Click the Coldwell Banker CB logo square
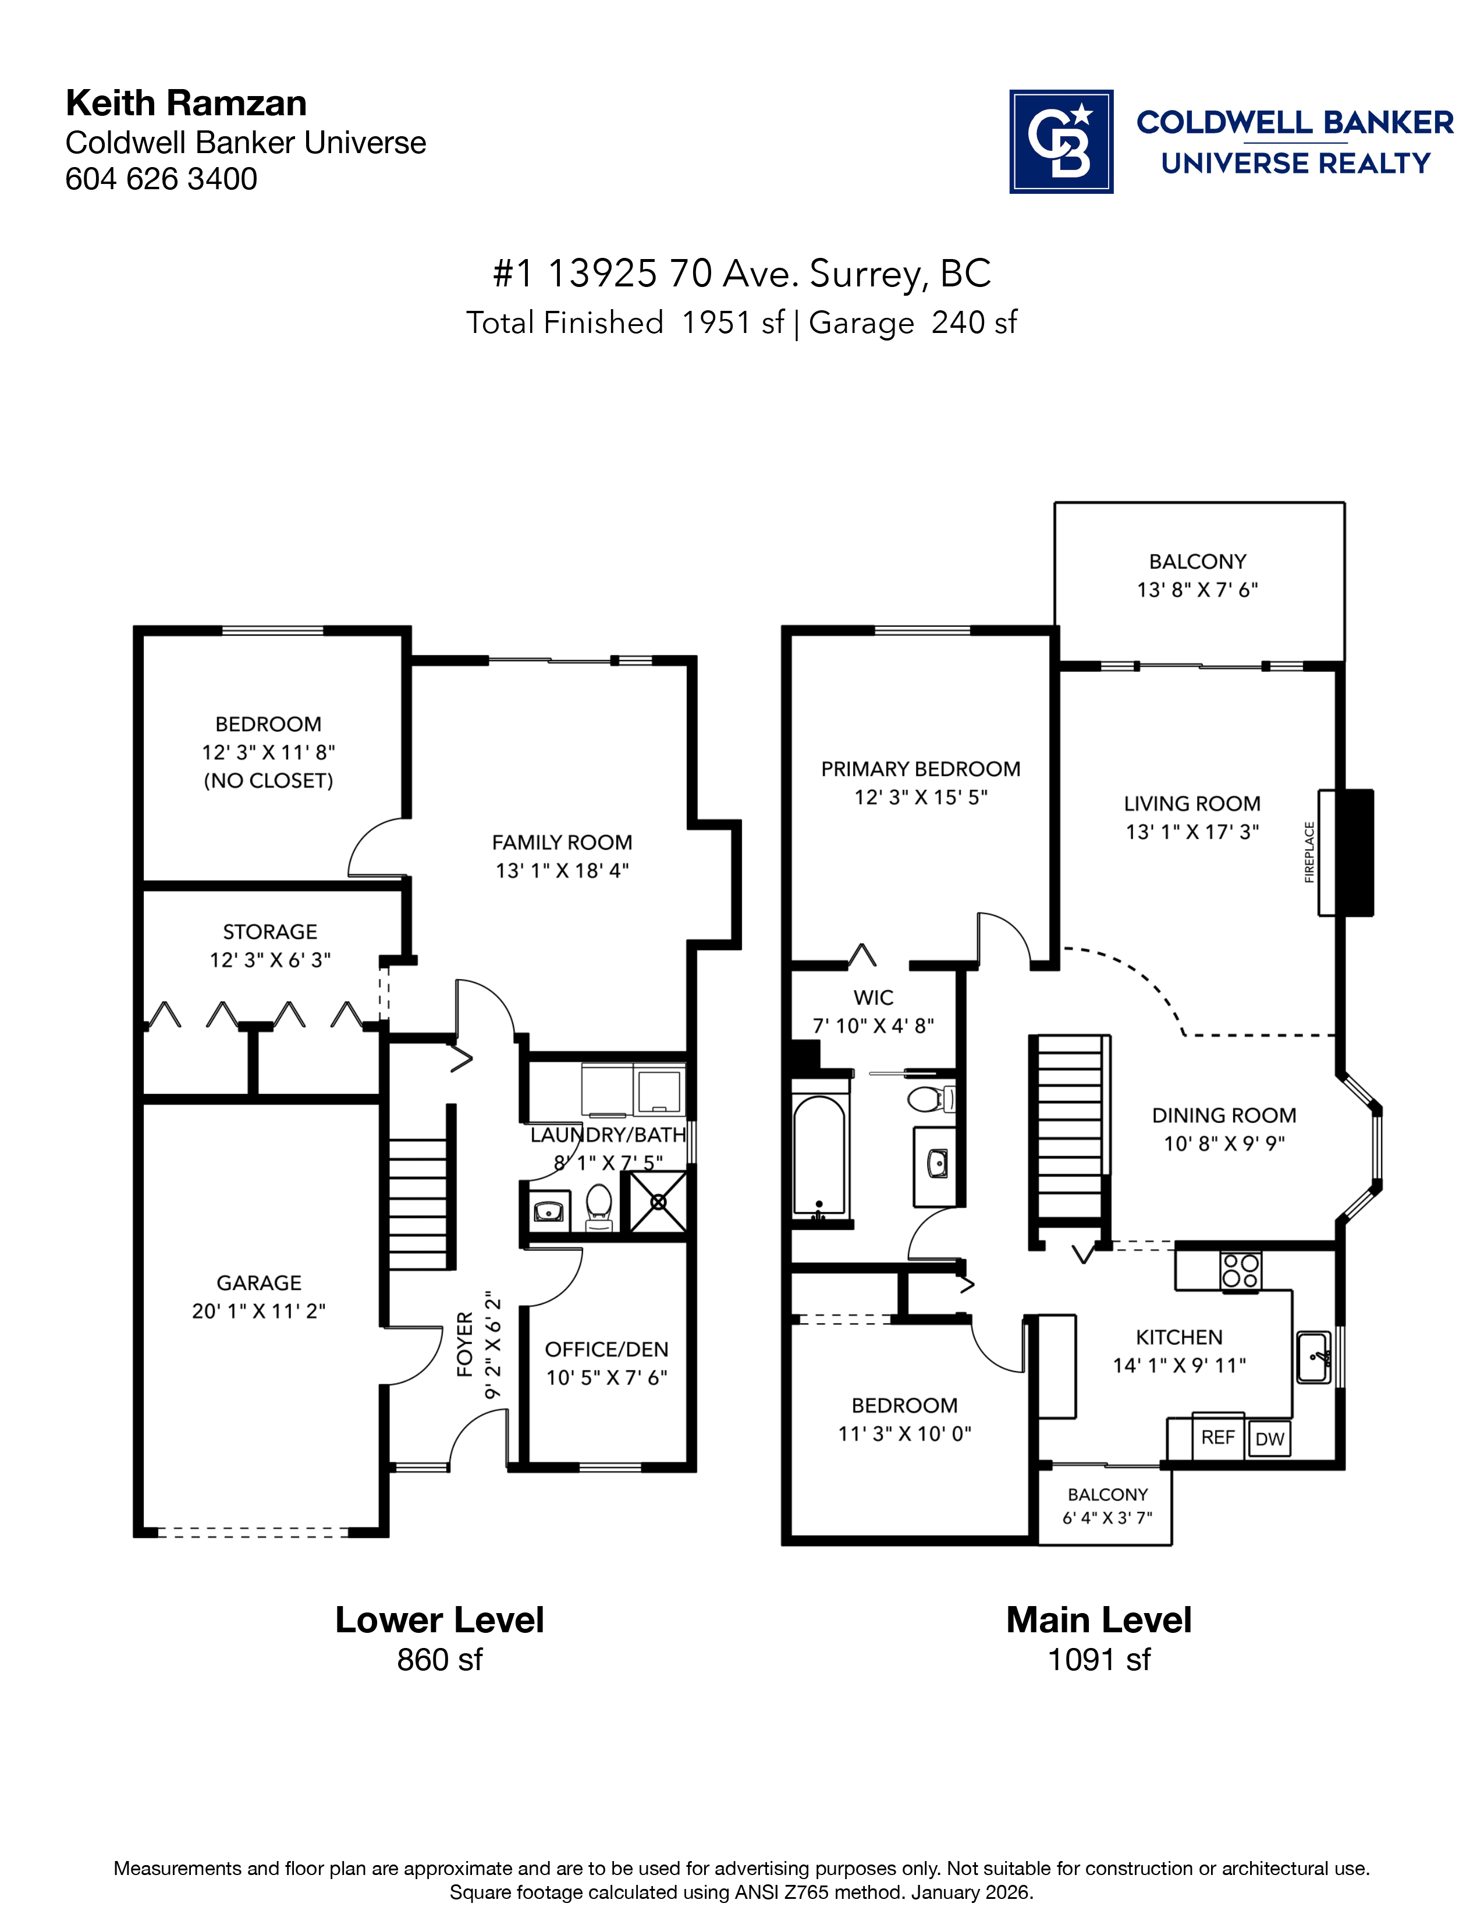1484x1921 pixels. pos(1060,141)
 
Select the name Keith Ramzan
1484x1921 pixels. pos(186,103)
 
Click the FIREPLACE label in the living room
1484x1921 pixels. pos(1309,852)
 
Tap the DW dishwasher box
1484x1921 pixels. pos(1269,1439)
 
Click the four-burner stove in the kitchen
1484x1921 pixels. pos(1240,1271)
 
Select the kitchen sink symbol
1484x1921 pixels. pos(1313,1357)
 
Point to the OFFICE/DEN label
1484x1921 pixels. pos(606,1349)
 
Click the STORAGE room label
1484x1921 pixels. pos(270,931)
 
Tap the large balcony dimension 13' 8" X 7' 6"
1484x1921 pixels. pos(1198,589)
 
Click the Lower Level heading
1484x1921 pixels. pos(439,1620)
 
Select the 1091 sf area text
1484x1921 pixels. pos(1099,1660)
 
